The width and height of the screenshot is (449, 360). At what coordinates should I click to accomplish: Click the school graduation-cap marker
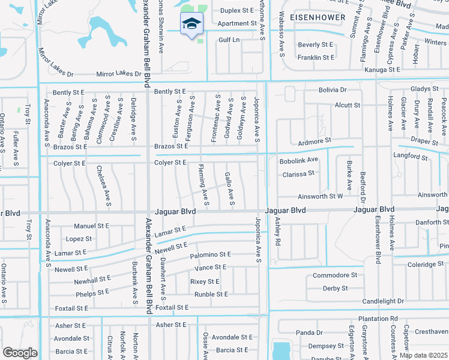(192, 25)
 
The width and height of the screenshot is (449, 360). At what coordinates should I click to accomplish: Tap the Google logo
(20, 352)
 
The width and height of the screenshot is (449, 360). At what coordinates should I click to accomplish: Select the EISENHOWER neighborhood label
(318, 17)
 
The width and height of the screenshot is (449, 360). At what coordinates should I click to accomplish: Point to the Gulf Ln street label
(229, 40)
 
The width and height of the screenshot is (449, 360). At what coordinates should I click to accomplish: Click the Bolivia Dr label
(333, 90)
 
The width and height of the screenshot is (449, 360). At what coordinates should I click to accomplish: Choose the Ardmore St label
(315, 141)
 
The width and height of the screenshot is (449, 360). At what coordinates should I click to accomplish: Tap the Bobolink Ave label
(298, 160)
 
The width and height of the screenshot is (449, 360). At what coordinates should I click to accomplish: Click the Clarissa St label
(298, 173)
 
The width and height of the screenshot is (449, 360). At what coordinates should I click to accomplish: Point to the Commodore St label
(335, 275)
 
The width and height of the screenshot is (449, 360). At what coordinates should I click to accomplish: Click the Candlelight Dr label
(383, 301)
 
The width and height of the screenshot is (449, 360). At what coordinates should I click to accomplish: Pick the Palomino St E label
(210, 255)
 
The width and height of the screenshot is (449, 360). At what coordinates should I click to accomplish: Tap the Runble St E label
(211, 294)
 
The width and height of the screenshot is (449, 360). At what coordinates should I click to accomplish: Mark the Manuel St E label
(91, 226)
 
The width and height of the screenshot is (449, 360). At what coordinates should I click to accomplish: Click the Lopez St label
(79, 239)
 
